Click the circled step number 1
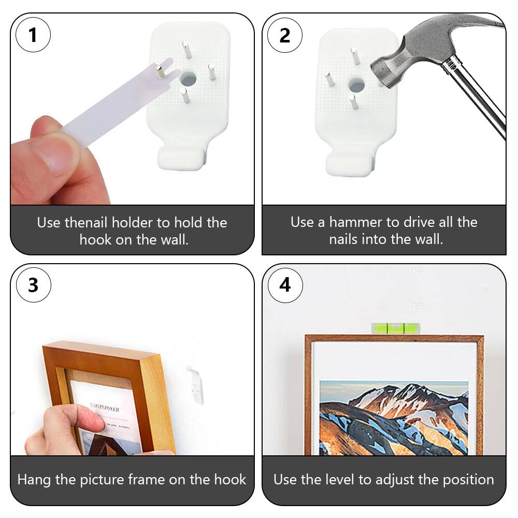pyautogui.click(x=33, y=35)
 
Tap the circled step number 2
pyautogui.click(x=285, y=35)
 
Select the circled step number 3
pyautogui.click(x=33, y=285)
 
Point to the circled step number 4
pyautogui.click(x=285, y=285)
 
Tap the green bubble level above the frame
pyautogui.click(x=395, y=328)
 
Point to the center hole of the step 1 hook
pyautogui.click(x=188, y=79)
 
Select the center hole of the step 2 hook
pyautogui.click(x=356, y=85)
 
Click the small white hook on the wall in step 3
pyautogui.click(x=196, y=385)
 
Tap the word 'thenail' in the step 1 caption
pyautogui.click(x=87, y=222)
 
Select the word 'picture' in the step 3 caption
pyautogui.click(x=102, y=480)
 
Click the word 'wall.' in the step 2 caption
pyautogui.click(x=429, y=239)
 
